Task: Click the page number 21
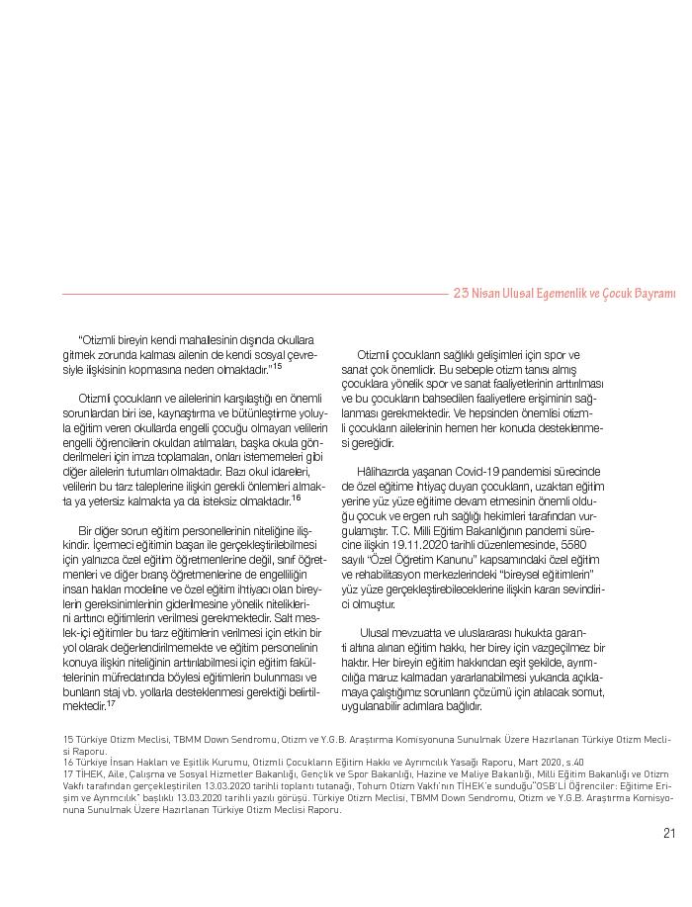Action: pyautogui.click(x=669, y=832)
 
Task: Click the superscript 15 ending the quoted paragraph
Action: pyautogui.click(x=278, y=366)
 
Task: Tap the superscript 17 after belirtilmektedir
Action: pyautogui.click(x=111, y=703)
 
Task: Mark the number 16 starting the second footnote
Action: pyautogui.click(x=67, y=762)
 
